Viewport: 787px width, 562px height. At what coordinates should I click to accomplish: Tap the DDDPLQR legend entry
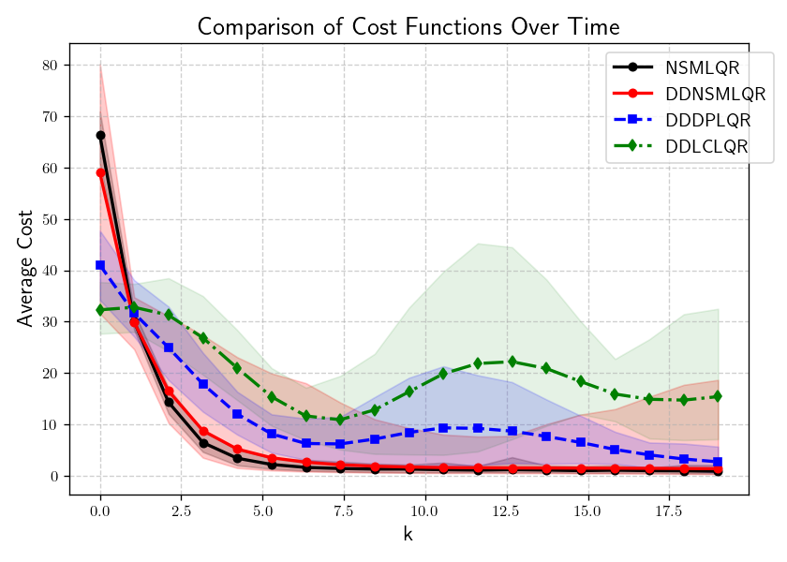pyautogui.click(x=708, y=120)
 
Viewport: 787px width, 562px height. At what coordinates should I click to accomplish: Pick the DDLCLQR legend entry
pyautogui.click(x=706, y=146)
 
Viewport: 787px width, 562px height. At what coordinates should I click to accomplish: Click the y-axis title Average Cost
pyautogui.click(x=26, y=269)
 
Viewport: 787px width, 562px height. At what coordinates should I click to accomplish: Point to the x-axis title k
pyautogui.click(x=408, y=536)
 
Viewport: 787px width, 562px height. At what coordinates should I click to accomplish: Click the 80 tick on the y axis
pyautogui.click(x=49, y=66)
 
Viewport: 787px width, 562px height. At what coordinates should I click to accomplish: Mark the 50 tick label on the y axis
pyautogui.click(x=49, y=219)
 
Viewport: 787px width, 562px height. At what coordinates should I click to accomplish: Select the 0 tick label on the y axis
pyautogui.click(x=53, y=477)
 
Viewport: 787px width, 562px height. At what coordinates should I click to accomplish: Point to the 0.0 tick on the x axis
pyautogui.click(x=100, y=512)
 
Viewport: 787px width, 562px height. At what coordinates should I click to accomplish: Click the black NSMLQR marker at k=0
pyautogui.click(x=100, y=135)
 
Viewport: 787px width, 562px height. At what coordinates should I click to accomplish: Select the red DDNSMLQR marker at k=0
pyautogui.click(x=100, y=172)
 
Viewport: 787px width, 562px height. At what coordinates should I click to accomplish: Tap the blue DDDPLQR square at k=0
pyautogui.click(x=100, y=265)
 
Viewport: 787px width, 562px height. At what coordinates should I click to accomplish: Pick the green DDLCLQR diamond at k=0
pyautogui.click(x=100, y=309)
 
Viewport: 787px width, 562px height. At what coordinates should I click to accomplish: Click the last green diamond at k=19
pyautogui.click(x=718, y=396)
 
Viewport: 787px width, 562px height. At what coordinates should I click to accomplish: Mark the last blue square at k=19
pyautogui.click(x=718, y=462)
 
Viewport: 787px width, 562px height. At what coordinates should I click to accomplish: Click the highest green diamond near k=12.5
pyautogui.click(x=512, y=362)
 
